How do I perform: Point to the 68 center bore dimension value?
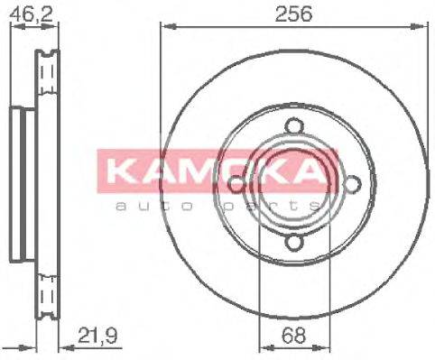[292, 336]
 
